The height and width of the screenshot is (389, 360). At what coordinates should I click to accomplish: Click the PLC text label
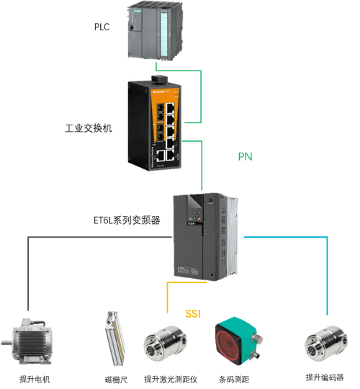[102, 27]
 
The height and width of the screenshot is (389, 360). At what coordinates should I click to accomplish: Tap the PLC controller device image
[156, 31]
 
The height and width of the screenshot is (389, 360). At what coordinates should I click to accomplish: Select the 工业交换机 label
[89, 128]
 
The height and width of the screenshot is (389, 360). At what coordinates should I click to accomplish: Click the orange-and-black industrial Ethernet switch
[155, 123]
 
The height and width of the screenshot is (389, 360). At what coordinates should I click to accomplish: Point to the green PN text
[246, 156]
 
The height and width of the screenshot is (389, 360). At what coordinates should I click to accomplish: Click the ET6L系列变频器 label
[127, 220]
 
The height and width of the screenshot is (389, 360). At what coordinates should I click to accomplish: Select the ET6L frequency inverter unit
[205, 237]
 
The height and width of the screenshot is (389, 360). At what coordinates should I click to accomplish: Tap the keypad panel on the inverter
[196, 215]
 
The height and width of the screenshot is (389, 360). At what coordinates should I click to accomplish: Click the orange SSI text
[193, 314]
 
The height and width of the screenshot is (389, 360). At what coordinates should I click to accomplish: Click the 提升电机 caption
[35, 379]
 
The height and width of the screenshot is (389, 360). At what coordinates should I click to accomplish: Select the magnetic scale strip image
[114, 339]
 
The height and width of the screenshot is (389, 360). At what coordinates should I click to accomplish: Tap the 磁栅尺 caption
[116, 380]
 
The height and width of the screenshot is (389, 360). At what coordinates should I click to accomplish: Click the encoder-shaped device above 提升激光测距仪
[165, 344]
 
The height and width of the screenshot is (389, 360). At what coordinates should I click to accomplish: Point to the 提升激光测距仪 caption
[171, 379]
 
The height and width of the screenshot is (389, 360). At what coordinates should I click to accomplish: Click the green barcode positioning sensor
[238, 341]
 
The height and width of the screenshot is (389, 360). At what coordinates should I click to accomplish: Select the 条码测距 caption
[234, 380]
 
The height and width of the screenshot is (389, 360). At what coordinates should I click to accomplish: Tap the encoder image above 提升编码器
[325, 344]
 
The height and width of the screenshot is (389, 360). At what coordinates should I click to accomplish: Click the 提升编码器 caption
[325, 377]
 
